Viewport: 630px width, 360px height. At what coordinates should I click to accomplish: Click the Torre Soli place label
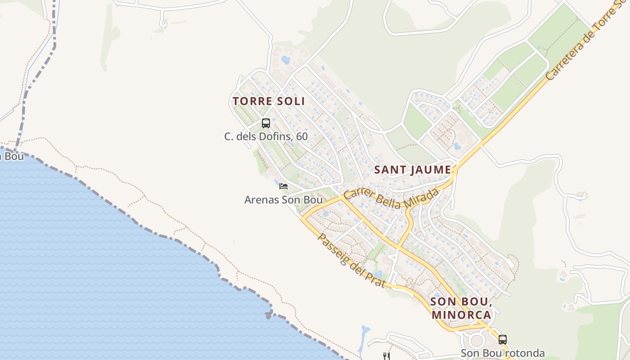(269, 101)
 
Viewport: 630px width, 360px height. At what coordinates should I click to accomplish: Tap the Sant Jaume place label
(413, 170)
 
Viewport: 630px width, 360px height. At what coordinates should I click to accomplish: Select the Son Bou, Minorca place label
(460, 308)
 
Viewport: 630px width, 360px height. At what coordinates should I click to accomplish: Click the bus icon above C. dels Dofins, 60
(266, 123)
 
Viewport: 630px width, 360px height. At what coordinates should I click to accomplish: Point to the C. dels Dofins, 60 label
(266, 136)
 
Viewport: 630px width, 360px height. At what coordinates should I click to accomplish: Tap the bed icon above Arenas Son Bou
(283, 186)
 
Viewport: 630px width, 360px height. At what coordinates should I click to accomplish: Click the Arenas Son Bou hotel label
(283, 199)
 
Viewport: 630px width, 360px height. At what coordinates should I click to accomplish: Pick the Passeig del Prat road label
(351, 260)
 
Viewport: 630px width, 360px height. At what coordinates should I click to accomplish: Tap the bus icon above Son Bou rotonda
(503, 339)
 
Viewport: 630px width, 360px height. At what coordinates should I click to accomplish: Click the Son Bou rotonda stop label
(503, 353)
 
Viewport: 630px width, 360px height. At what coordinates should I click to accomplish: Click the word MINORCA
(461, 315)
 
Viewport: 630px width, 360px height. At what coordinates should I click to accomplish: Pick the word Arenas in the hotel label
(262, 199)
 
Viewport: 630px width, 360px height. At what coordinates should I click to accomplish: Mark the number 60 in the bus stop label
(302, 136)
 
